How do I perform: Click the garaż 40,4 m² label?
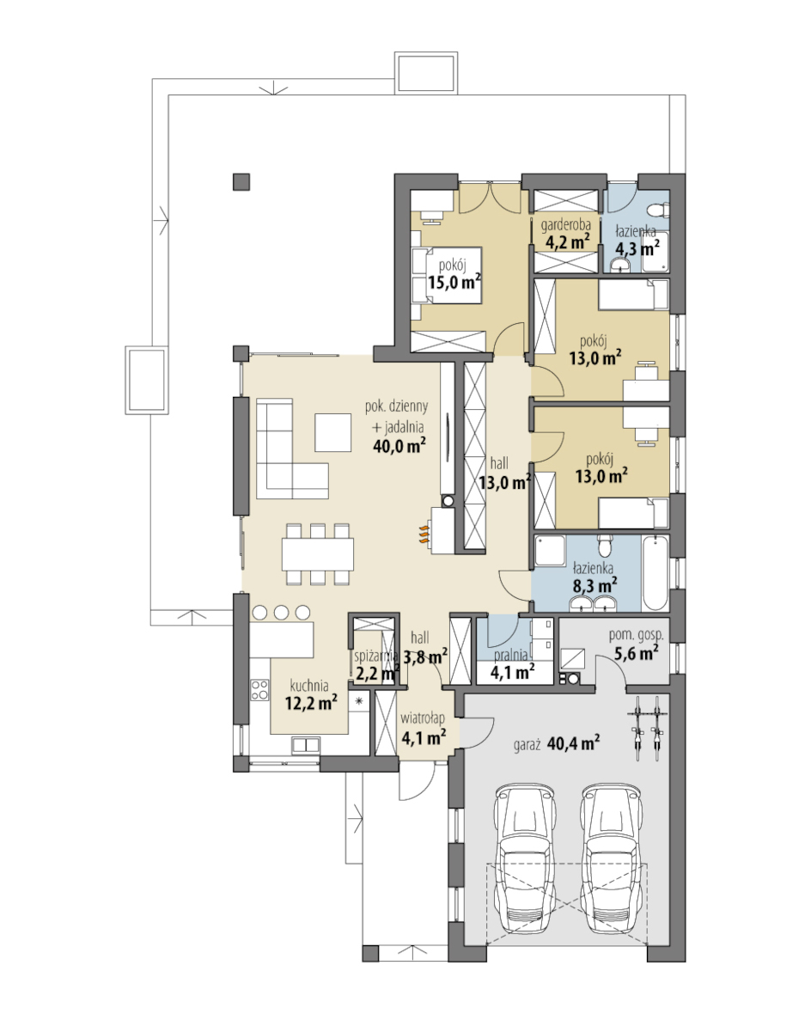[556, 743]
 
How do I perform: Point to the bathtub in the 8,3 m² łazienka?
[655, 573]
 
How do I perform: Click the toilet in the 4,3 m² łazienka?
[662, 211]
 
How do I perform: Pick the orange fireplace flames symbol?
[423, 534]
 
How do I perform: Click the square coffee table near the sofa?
[333, 432]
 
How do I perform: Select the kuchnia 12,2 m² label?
[310, 694]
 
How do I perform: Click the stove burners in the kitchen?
[260, 690]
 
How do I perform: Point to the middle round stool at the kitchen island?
[282, 612]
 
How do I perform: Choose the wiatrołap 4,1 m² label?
[423, 728]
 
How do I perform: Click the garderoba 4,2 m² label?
[566, 234]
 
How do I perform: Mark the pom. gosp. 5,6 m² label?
[636, 644]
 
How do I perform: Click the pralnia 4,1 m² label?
[511, 664]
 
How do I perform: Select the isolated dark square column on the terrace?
[241, 181]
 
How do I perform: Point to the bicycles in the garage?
[648, 728]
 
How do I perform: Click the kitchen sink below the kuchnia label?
[305, 745]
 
